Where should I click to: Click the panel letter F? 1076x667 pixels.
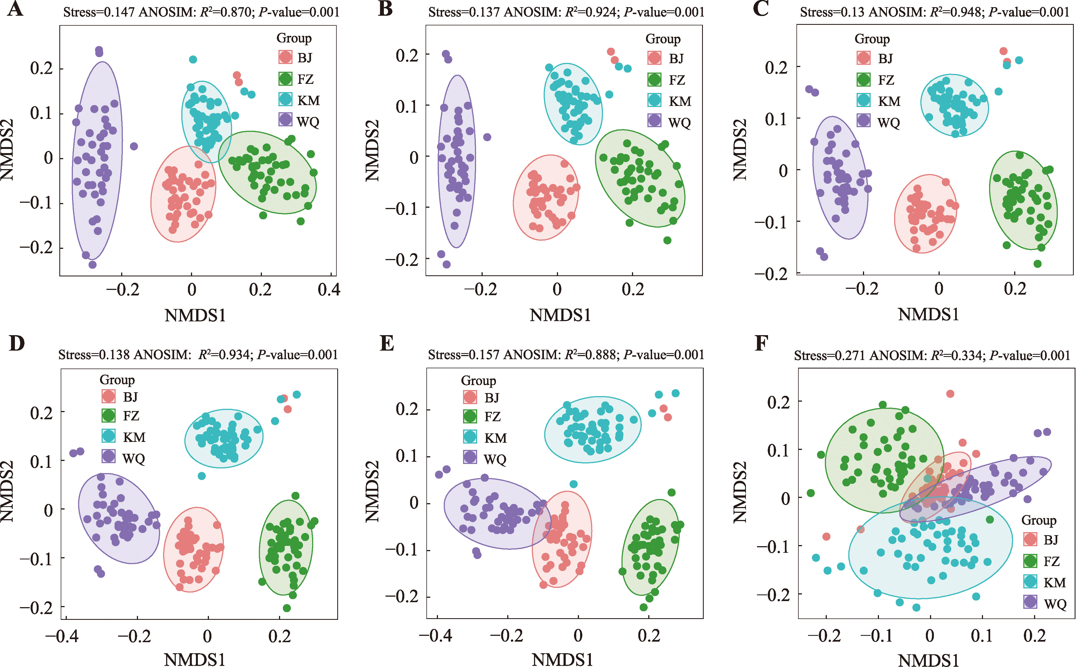761,343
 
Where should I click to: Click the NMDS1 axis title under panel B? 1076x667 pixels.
560,315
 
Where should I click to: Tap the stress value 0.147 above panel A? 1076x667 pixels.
119,12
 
